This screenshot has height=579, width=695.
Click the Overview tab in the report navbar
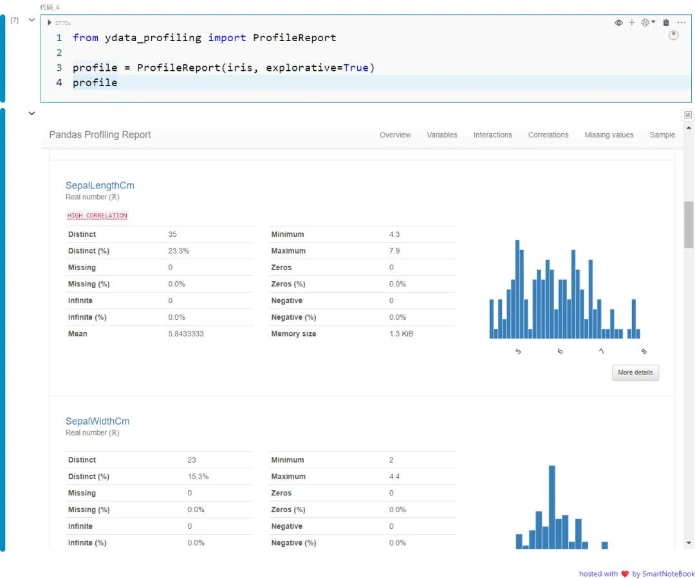(x=394, y=135)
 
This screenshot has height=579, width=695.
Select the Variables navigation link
(x=441, y=135)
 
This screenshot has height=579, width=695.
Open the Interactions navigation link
(x=492, y=135)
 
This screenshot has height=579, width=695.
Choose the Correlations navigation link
(x=548, y=135)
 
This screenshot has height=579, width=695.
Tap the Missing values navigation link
(x=609, y=135)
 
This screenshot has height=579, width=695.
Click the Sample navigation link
(x=662, y=135)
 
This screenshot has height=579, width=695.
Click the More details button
(x=635, y=372)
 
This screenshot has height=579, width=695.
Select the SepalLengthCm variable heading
(x=100, y=185)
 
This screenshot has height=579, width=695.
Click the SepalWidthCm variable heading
(x=97, y=421)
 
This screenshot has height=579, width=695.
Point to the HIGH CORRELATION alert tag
(x=97, y=216)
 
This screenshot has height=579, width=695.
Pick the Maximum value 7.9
(x=394, y=251)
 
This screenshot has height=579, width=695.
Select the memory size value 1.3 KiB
(x=401, y=334)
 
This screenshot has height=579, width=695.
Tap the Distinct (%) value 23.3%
(x=179, y=251)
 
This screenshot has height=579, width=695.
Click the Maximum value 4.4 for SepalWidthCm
(x=394, y=477)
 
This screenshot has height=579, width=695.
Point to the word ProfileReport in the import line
(x=294, y=37)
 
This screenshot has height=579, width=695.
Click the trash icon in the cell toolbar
(x=666, y=23)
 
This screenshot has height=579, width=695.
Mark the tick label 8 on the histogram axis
(x=644, y=351)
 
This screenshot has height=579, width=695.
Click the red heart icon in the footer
(x=624, y=574)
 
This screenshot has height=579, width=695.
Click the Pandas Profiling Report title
(x=100, y=135)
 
